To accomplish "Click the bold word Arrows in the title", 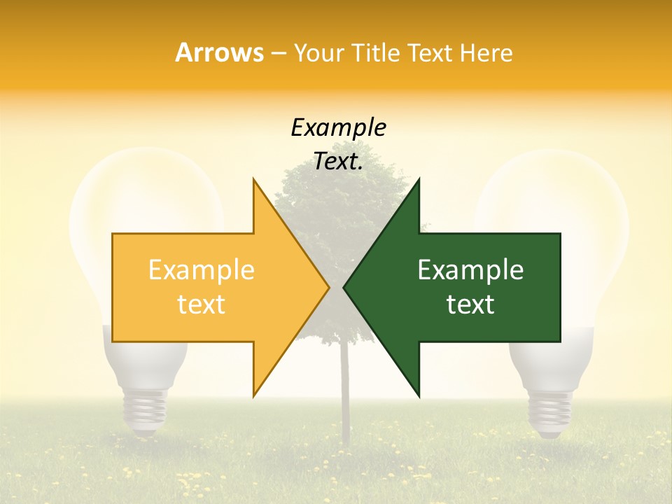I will coord(220,52).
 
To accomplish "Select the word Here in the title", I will coord(487,53).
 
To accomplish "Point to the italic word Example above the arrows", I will coord(339,127).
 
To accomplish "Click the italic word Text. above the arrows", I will coord(339,161).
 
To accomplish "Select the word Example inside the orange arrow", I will coord(202,270).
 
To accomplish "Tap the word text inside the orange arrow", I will coord(202,304).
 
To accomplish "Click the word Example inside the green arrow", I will coord(470,270).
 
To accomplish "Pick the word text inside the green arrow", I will coord(470,304).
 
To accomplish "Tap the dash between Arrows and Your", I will coord(278,53).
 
